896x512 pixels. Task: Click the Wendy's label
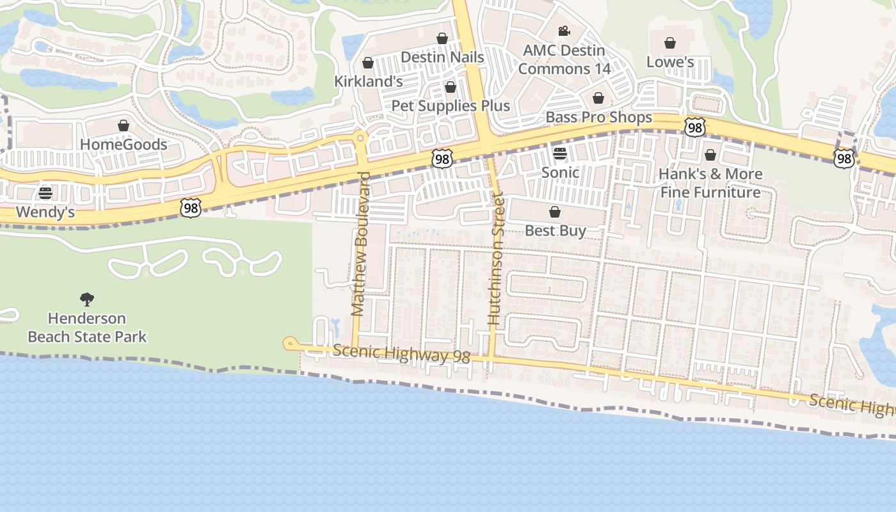point(45,212)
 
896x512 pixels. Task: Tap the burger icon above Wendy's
point(45,193)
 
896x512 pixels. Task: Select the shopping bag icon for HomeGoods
point(124,125)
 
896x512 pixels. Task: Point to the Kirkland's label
point(368,81)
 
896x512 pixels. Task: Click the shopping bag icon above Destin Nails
point(442,38)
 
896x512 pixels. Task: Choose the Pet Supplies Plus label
point(450,106)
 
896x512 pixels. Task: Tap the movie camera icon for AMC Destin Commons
point(563,31)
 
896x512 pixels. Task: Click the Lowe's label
point(669,62)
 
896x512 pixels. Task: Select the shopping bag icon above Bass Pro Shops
point(598,98)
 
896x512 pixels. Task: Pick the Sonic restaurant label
point(560,172)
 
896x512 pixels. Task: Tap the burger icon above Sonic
point(560,154)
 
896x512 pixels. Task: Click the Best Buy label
point(555,230)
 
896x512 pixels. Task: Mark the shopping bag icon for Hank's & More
point(710,155)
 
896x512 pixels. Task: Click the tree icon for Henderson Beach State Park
point(87,299)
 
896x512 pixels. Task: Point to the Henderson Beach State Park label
point(87,327)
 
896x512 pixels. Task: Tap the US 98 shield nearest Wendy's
point(191,207)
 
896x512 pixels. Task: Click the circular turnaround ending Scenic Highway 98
point(289,344)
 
